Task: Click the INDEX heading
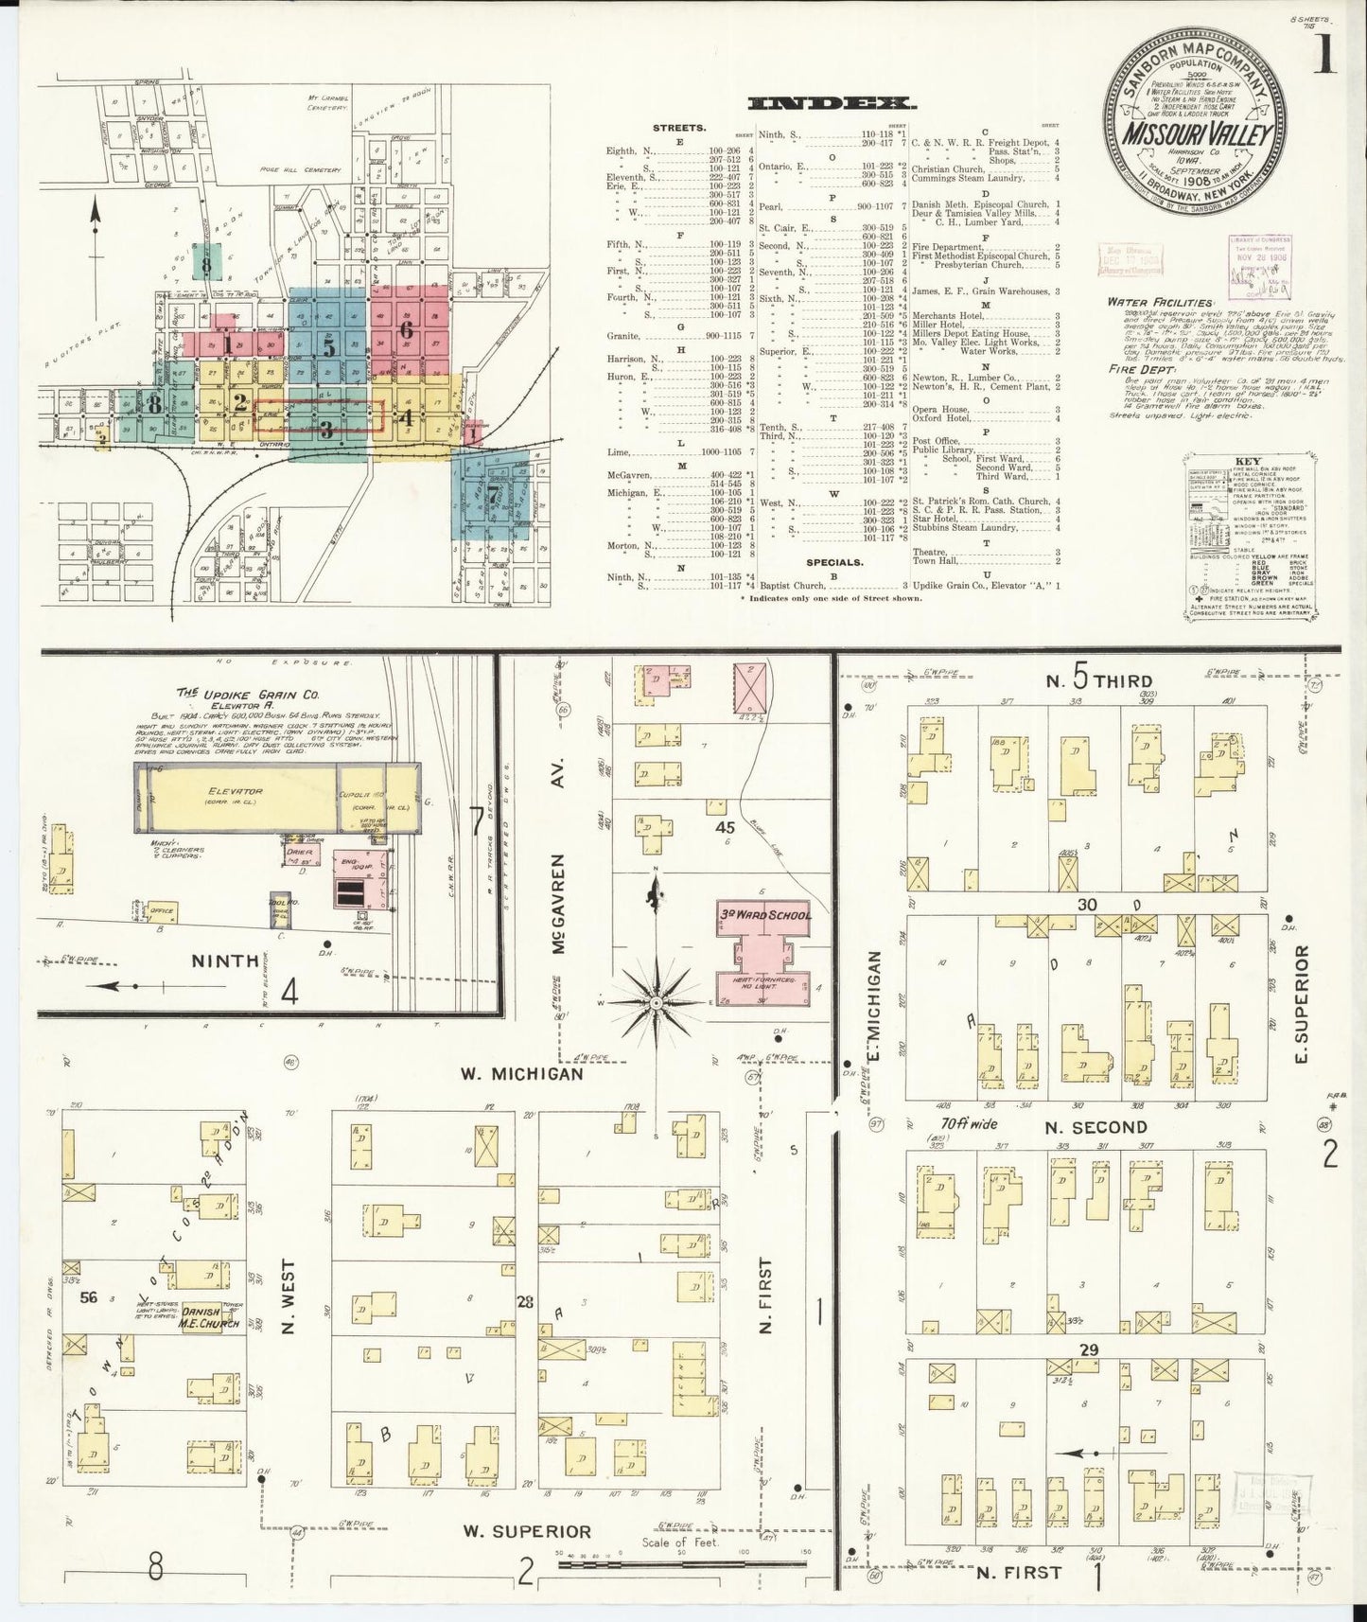[828, 104]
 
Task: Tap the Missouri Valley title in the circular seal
[1197, 133]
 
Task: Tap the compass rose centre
[654, 1001]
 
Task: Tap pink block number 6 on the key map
[407, 330]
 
